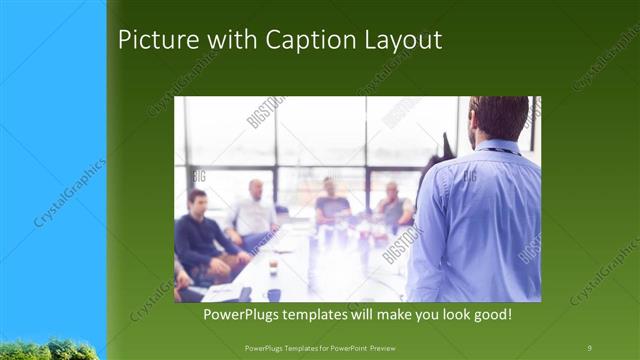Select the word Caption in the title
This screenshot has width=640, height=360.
pos(299,40)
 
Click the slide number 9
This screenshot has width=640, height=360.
pos(589,347)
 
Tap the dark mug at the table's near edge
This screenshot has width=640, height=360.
pos(273,295)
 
